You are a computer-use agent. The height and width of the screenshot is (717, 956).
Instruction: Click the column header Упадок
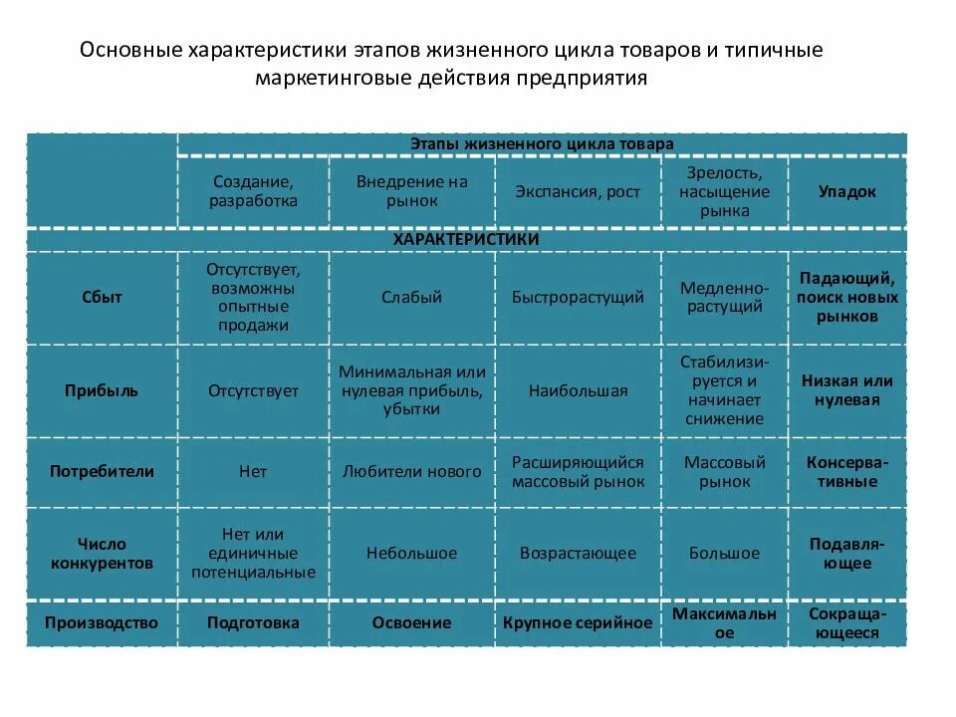coord(847,191)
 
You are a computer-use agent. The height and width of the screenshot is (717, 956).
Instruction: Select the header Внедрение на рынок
coord(411,191)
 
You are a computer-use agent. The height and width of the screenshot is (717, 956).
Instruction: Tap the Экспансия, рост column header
coord(578,191)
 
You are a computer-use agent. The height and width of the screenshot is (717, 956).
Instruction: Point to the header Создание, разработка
coord(253,191)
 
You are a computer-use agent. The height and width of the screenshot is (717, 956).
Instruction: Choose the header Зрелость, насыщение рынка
coord(724,191)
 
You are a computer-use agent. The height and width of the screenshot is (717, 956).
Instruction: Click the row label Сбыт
coord(102,297)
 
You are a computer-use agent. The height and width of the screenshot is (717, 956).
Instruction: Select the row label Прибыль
coord(102,390)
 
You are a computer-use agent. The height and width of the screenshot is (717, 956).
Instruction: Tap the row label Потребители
coord(102,471)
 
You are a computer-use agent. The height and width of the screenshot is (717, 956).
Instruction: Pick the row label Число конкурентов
coord(102,553)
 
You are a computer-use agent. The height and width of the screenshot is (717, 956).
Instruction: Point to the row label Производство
coord(102,622)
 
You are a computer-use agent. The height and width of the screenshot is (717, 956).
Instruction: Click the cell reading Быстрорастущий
coord(578,297)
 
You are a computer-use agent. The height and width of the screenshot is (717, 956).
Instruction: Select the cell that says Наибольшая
coord(578,390)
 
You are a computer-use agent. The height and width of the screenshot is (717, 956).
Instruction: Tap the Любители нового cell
coord(411,471)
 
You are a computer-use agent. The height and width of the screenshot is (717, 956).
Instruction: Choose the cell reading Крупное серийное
coord(578,622)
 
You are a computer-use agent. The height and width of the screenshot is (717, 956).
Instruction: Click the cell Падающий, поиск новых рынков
coord(847,297)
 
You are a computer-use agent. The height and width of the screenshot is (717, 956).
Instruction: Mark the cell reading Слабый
coord(411,297)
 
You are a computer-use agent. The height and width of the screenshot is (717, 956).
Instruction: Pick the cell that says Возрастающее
coord(578,553)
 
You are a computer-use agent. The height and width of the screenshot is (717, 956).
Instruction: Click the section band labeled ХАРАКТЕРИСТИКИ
coord(466,240)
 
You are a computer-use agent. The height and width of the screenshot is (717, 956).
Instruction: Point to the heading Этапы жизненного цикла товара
coord(542,143)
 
